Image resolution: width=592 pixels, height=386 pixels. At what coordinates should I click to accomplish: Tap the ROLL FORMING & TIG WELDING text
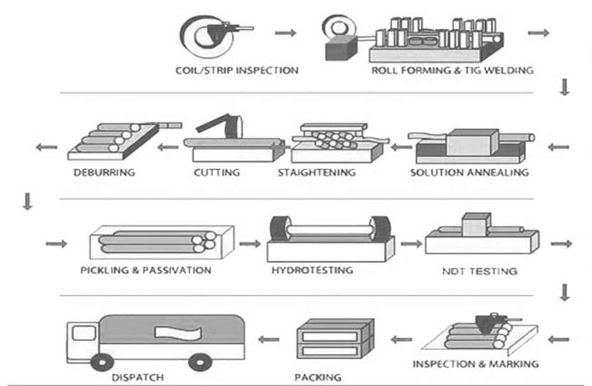coord(452,70)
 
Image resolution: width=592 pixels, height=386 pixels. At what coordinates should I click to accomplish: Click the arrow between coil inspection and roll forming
coord(285,33)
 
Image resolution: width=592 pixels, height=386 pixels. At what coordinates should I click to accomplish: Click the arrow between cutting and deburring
coord(168,148)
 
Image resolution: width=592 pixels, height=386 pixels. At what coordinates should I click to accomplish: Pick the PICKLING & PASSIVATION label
coord(145,270)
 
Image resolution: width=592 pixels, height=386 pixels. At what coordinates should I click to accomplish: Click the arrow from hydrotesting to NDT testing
coord(411,244)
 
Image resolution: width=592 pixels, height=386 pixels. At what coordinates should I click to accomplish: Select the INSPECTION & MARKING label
coord(475,365)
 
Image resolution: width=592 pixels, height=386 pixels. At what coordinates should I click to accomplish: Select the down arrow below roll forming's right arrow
coord(565,87)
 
